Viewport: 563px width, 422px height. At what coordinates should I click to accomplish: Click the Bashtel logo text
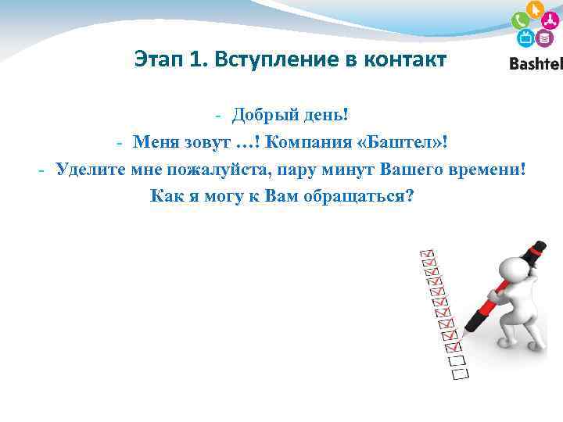tap(536, 63)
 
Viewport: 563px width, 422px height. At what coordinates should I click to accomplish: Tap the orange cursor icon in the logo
tap(535, 9)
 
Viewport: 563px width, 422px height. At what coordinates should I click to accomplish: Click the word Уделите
tap(89, 169)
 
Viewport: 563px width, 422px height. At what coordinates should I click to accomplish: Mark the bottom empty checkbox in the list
tap(460, 374)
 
